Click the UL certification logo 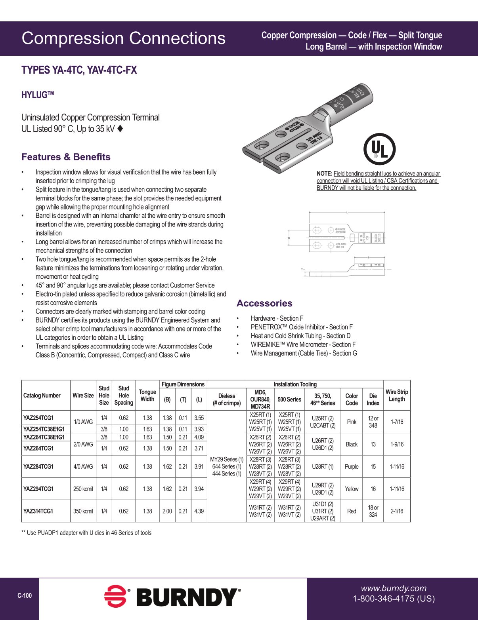point(379,149)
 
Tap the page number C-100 point(25,595)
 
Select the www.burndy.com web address point(393,588)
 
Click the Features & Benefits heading point(66,157)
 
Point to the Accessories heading point(264,303)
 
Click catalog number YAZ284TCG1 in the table point(38,466)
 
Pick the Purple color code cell point(352,466)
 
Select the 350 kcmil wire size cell point(83,511)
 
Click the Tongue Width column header point(147,395)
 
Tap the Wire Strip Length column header point(397,395)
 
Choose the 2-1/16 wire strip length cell point(397,511)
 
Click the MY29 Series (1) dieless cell point(227,459)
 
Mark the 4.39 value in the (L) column point(199,511)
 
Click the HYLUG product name point(37,95)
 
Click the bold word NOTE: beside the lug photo point(324,173)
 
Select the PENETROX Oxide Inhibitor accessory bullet point(301,327)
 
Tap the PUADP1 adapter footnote point(86,533)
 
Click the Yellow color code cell point(352,489)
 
